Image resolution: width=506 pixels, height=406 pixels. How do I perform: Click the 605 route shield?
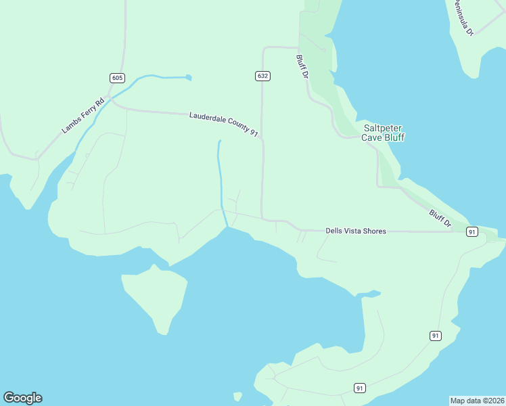118,78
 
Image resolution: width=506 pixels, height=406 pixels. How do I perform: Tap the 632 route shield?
263,76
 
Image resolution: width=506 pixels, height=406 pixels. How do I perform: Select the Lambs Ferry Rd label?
83,115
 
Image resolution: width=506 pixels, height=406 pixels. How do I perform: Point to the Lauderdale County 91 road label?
224,124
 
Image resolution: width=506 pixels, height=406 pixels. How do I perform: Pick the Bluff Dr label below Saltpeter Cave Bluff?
440,218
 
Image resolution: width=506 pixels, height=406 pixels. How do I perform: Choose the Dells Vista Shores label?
356,231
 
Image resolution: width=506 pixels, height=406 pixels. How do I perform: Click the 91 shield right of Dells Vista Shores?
472,231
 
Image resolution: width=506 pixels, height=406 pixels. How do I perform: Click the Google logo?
22,398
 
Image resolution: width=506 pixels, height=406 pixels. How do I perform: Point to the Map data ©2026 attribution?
478,400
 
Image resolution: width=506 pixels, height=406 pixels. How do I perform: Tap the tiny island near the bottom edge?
237,397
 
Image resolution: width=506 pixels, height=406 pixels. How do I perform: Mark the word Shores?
373,231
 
